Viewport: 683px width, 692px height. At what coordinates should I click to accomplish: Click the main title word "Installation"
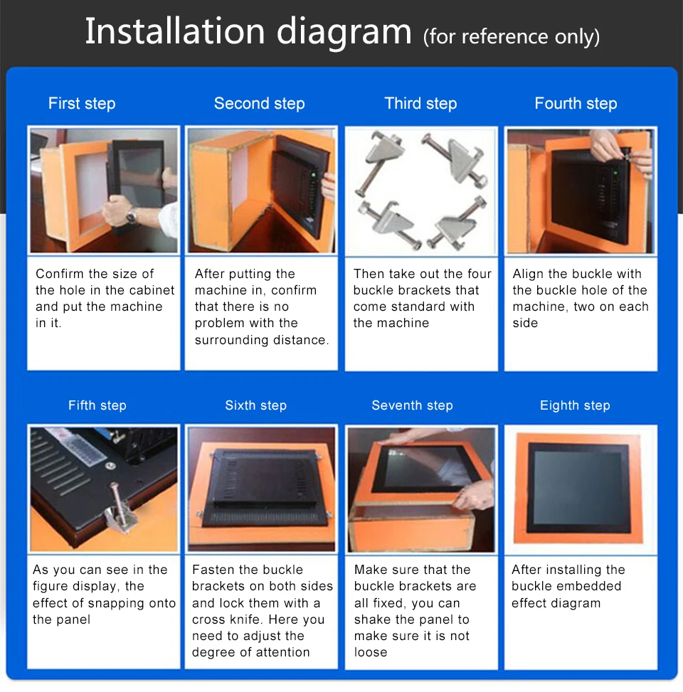pyautogui.click(x=175, y=32)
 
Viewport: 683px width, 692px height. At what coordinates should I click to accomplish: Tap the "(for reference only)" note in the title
pyautogui.click(x=511, y=36)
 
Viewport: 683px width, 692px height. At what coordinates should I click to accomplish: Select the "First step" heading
pyautogui.click(x=82, y=104)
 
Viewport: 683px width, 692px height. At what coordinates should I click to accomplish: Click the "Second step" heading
pyautogui.click(x=259, y=104)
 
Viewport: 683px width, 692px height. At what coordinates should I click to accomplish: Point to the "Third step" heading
pyautogui.click(x=420, y=104)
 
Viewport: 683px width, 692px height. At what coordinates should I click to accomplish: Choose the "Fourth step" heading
pyautogui.click(x=576, y=104)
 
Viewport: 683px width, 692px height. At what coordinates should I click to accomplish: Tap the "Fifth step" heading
pyautogui.click(x=97, y=405)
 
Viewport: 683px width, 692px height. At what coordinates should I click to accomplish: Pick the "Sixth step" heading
pyautogui.click(x=255, y=405)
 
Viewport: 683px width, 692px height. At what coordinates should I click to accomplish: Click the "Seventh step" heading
pyautogui.click(x=412, y=405)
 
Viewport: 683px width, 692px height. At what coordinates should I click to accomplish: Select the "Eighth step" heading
pyautogui.click(x=575, y=405)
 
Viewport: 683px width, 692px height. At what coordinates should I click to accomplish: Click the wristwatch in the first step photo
pyautogui.click(x=131, y=214)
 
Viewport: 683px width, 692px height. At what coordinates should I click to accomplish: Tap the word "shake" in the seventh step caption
pyautogui.click(x=373, y=619)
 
